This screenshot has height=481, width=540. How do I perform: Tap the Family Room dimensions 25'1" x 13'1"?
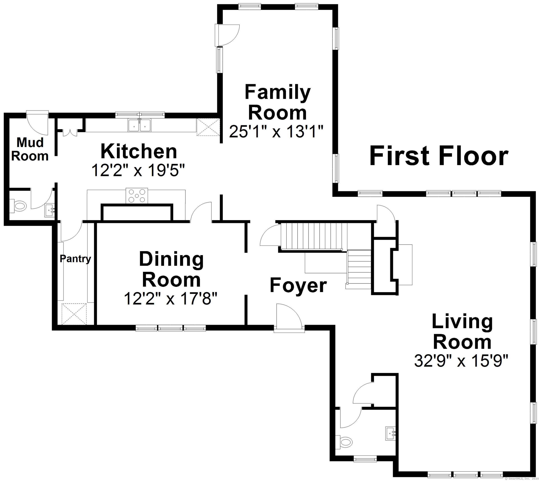[276, 131]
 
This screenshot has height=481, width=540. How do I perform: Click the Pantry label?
[75, 259]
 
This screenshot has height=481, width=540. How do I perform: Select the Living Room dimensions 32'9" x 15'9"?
[461, 361]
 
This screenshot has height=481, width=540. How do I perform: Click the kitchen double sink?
[139, 125]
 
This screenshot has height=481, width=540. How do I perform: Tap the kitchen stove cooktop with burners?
[137, 196]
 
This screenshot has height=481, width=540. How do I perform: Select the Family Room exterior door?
[227, 35]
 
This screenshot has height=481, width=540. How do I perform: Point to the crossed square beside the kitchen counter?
[208, 127]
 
